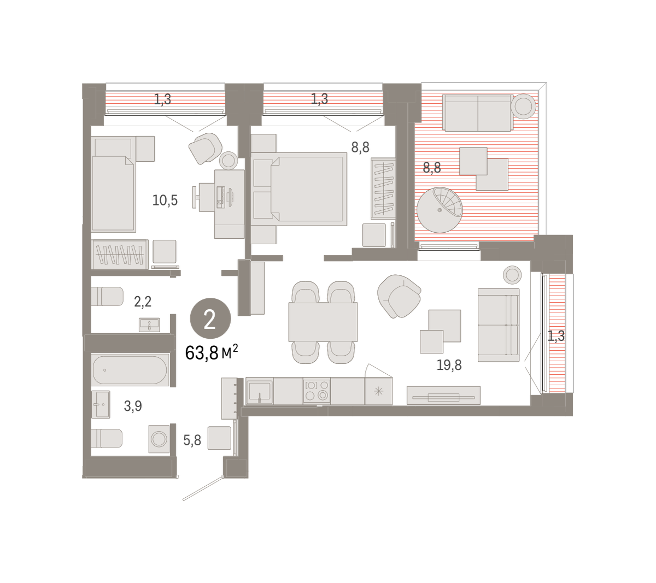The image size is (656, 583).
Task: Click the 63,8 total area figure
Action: pyautogui.click(x=201, y=353)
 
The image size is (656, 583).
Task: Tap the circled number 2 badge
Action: pyautogui.click(x=210, y=319)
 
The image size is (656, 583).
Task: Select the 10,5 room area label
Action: pyautogui.click(x=165, y=201)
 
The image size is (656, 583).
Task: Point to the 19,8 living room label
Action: pyautogui.click(x=449, y=365)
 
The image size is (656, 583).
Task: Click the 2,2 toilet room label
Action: pyautogui.click(x=143, y=302)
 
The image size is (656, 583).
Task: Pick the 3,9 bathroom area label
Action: pyautogui.click(x=133, y=405)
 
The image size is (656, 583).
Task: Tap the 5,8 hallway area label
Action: pyautogui.click(x=192, y=440)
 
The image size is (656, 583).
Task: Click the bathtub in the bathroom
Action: pyautogui.click(x=130, y=370)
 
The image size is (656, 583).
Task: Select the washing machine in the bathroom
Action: pyautogui.click(x=159, y=439)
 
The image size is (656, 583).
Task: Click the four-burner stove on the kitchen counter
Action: pyautogui.click(x=317, y=391)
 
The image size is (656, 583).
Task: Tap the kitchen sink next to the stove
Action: pyautogui.click(x=259, y=391)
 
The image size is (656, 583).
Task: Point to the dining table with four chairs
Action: pyautogui.click(x=323, y=322)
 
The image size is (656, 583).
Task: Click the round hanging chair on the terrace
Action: pyautogui.click(x=440, y=210)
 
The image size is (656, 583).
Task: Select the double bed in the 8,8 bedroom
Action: pyautogui.click(x=299, y=189)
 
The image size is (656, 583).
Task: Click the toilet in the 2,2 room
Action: pyautogui.click(x=107, y=296)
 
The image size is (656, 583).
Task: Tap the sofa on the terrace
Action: pyautogui.click(x=478, y=113)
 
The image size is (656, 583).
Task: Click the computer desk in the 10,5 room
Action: pyautogui.click(x=229, y=204)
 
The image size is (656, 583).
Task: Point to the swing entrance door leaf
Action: pyautogui.click(x=203, y=488)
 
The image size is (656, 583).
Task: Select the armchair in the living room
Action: pyautogui.click(x=399, y=296)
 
